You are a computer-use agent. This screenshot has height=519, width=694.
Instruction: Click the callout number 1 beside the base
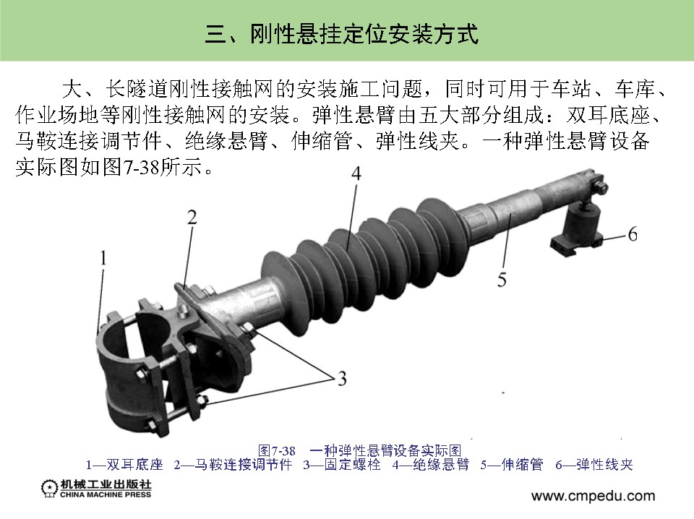pos(103,257)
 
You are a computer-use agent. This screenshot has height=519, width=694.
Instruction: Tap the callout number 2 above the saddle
pos(192,218)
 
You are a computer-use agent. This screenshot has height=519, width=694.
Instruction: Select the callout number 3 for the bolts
pos(342,379)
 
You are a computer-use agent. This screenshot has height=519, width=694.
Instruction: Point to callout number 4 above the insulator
pos(356,173)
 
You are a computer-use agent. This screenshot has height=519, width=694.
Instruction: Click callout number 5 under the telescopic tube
pos(502,280)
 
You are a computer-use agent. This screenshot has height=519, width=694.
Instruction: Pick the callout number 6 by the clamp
pos(633,233)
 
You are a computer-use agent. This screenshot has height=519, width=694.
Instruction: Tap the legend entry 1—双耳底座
pos(124,465)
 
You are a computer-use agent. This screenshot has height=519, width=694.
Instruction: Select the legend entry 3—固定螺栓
pos(342,465)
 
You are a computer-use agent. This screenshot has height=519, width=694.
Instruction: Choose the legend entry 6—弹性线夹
pos(594,465)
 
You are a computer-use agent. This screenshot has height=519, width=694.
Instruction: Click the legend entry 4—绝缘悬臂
pos(430,465)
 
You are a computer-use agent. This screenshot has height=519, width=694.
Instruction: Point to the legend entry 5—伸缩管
pos(512,465)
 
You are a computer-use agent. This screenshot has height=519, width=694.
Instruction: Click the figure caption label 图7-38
pos(277,451)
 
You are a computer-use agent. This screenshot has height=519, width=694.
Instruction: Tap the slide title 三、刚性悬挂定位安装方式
pos(342,34)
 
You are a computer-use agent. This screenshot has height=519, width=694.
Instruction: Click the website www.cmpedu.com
pos(593,496)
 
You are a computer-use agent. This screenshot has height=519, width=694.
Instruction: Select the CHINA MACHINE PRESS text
pos(106,494)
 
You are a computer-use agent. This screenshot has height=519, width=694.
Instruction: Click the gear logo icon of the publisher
pos(49,489)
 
